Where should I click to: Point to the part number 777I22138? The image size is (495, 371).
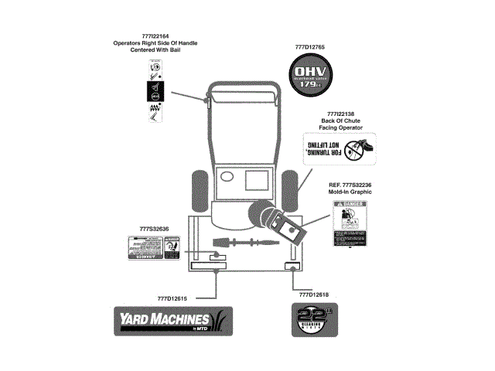point(340,114)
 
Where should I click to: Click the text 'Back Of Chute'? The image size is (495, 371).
point(340,121)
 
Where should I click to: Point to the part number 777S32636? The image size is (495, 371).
point(154,229)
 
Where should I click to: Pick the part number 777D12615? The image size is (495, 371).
point(173,299)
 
